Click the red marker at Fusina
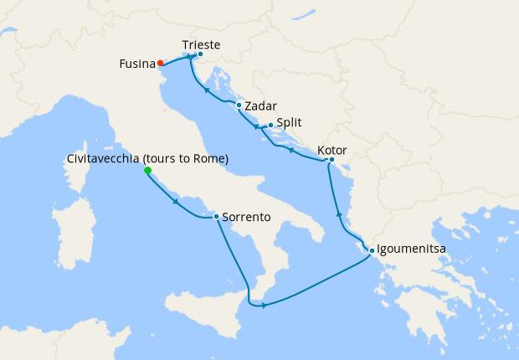(x=160, y=63)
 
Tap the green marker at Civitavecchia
(x=147, y=171)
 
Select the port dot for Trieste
(x=200, y=54)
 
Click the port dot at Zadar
(x=239, y=105)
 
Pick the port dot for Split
(x=270, y=126)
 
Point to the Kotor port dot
(x=331, y=160)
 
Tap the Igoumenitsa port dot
(x=371, y=250)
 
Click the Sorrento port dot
(x=216, y=217)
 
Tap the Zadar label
(x=260, y=106)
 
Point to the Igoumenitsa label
(x=416, y=249)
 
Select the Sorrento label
(x=246, y=217)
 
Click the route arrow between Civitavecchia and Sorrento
(x=174, y=202)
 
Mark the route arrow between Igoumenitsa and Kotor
(x=339, y=214)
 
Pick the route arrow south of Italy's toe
(x=265, y=305)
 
